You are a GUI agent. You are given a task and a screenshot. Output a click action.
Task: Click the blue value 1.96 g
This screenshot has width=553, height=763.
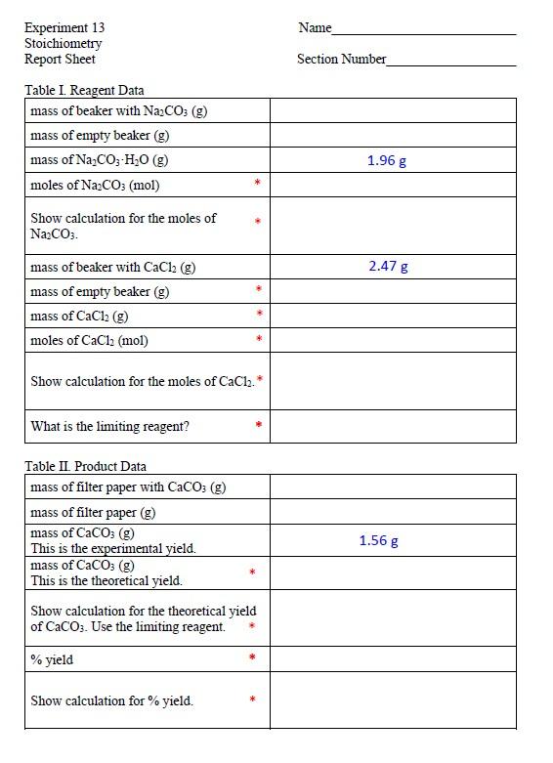click(x=387, y=160)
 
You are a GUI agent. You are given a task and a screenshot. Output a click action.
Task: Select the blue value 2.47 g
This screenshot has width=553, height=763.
click(x=388, y=266)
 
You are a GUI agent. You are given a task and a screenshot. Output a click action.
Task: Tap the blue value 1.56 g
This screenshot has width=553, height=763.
click(x=378, y=540)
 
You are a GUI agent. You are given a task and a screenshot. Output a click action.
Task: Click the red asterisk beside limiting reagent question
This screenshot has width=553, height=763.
click(x=258, y=426)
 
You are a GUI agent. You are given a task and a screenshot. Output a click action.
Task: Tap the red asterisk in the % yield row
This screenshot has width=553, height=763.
click(x=252, y=658)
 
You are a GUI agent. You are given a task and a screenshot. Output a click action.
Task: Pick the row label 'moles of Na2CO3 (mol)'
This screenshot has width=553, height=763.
click(x=95, y=185)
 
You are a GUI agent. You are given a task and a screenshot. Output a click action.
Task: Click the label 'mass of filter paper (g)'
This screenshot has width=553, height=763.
click(x=93, y=512)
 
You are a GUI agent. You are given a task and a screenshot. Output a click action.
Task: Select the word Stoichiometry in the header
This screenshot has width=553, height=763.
click(x=64, y=44)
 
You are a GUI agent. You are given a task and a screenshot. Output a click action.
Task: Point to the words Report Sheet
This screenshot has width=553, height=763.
click(x=60, y=59)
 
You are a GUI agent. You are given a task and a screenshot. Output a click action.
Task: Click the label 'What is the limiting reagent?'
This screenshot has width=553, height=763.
click(x=110, y=426)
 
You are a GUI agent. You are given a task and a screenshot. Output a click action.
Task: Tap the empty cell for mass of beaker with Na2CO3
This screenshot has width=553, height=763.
click(x=392, y=110)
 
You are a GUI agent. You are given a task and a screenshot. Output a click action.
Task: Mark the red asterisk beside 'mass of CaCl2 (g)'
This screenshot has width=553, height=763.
click(x=258, y=315)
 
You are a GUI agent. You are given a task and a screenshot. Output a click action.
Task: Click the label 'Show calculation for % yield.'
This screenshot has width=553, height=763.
click(x=111, y=700)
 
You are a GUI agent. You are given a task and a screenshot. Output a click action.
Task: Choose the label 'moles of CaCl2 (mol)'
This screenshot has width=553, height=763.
click(x=89, y=340)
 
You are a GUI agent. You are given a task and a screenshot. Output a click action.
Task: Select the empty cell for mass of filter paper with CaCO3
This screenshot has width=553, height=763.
click(x=392, y=487)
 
